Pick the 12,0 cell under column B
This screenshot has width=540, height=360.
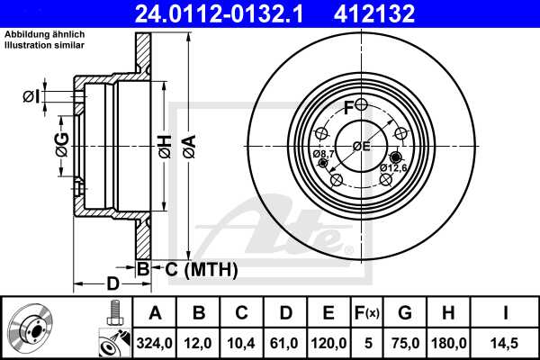[200, 342]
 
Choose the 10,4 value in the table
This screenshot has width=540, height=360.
[242, 342]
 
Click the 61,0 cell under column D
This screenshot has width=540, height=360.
[285, 342]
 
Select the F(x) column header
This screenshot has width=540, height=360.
[368, 312]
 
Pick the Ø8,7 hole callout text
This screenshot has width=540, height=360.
[324, 155]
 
